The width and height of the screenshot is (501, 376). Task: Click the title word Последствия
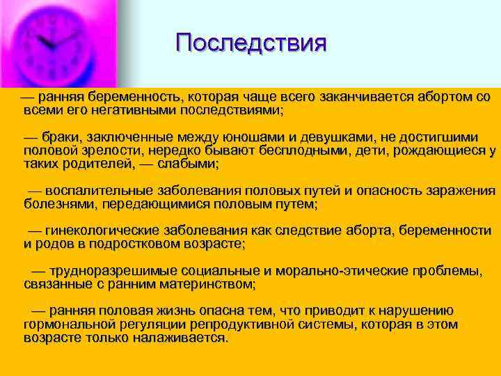pos(250,43)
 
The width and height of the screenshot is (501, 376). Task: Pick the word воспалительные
pos(103,191)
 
